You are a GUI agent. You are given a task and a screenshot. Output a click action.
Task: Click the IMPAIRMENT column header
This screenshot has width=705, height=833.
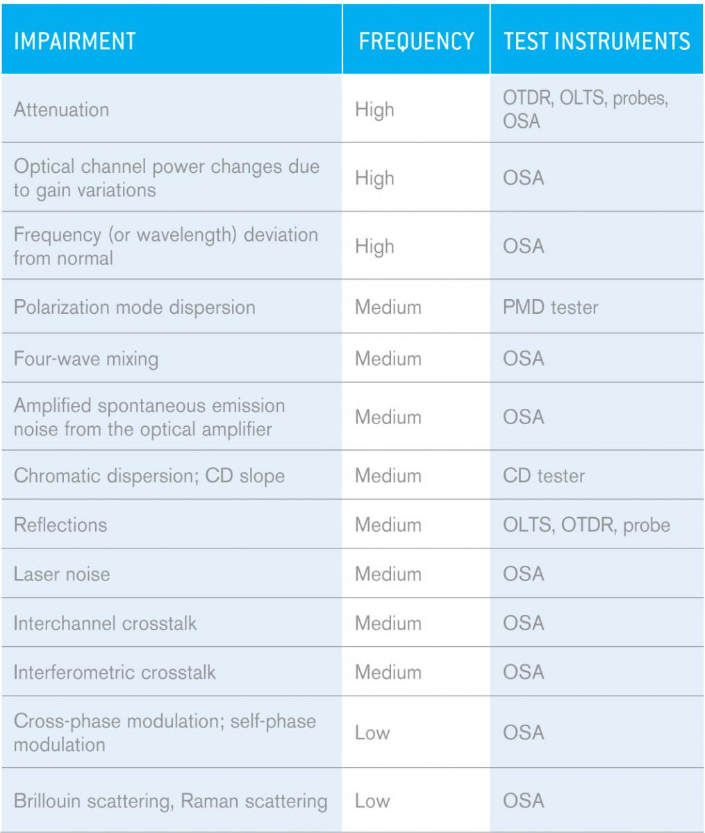75,41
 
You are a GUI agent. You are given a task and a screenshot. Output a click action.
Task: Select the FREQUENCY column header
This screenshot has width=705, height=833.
416,41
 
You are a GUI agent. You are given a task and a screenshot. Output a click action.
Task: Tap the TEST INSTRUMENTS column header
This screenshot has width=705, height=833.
597,41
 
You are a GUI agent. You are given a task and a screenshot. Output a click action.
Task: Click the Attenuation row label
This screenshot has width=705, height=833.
62,110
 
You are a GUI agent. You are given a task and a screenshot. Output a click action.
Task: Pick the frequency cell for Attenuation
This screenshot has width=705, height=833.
374,110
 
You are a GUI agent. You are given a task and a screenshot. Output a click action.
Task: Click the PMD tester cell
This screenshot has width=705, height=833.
550,307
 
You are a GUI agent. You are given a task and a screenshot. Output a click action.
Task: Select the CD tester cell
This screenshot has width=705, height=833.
544,476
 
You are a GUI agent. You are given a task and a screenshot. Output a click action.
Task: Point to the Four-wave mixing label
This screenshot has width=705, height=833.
86,359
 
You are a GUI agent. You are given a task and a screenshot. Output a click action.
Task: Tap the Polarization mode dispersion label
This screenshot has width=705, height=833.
135,307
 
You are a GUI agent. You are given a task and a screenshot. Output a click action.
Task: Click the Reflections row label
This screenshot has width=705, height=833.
60,524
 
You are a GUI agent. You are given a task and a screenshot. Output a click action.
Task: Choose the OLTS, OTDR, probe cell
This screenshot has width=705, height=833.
586,524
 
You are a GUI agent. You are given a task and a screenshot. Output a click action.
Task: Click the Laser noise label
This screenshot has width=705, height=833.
62,574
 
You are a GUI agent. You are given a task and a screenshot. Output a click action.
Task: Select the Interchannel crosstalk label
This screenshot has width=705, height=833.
105,623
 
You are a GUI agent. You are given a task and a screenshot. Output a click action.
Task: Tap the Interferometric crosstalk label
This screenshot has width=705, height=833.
115,672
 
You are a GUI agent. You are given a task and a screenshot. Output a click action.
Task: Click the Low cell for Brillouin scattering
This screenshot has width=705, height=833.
372,801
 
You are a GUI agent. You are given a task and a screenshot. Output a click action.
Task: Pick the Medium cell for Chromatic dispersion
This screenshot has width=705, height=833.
388,476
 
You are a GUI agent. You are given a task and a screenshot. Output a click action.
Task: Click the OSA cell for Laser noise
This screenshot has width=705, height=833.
524,574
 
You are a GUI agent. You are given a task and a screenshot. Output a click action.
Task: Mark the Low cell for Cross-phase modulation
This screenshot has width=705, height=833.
372,733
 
